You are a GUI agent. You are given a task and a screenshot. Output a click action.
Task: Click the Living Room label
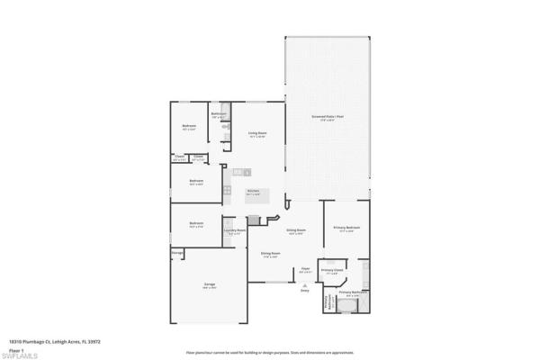click(256, 134)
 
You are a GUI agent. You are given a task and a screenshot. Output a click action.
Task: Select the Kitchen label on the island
click(254, 192)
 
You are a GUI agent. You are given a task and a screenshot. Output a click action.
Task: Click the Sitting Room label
click(296, 230)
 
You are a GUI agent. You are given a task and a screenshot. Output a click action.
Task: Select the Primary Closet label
click(332, 270)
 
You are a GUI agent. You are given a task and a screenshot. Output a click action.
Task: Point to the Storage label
click(177, 253)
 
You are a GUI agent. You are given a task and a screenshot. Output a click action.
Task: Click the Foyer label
click(305, 268)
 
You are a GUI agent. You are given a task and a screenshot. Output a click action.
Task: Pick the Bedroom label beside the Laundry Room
click(196, 224)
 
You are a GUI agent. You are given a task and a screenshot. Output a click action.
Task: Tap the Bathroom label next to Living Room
click(218, 114)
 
